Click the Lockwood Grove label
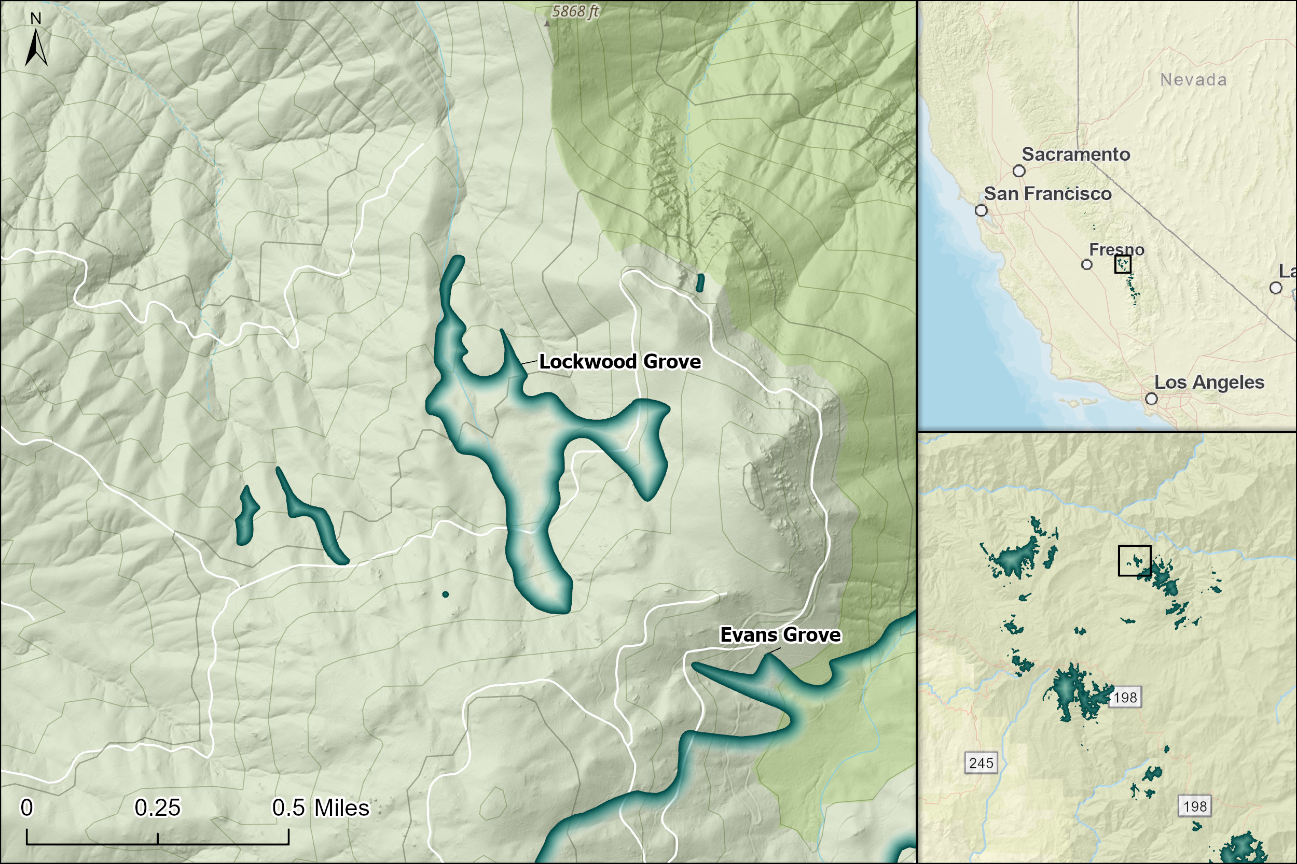point(620,361)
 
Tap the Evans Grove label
point(780,635)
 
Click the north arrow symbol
point(36,49)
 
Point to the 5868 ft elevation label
point(575,11)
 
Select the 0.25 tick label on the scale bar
point(157,808)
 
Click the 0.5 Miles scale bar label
point(321,808)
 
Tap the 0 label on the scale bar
point(26,808)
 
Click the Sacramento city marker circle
point(1019,171)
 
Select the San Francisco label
point(1048,194)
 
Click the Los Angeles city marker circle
point(1151,399)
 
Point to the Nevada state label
point(1193,80)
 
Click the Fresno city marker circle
point(1086,264)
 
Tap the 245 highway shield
point(981,763)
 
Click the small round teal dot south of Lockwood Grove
point(446,594)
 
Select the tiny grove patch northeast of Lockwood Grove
point(700,282)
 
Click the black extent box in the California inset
point(1123,264)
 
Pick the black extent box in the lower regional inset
point(1134,561)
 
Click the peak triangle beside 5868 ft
point(547,24)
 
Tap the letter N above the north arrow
point(36,19)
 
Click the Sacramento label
point(1076,154)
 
